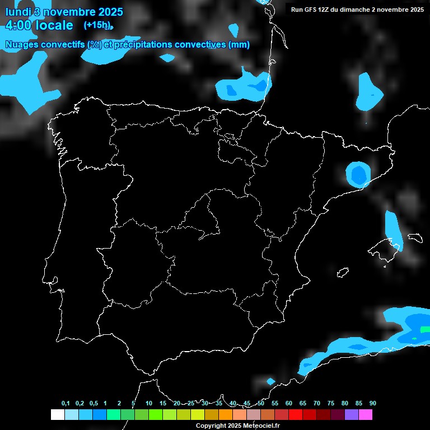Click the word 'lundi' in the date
[x=18, y=11]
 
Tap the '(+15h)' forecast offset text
[x=97, y=25]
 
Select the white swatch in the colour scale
[x=57, y=415]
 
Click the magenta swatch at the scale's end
[x=366, y=415]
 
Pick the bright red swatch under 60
[x=295, y=415]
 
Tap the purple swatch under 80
[x=352, y=415]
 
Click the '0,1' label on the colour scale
[x=66, y=404]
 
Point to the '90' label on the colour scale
[x=372, y=404]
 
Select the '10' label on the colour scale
[x=148, y=404]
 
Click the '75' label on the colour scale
[x=330, y=404]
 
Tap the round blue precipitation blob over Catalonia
[x=357, y=174]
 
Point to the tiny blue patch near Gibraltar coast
[x=271, y=381]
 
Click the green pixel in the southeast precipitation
[x=415, y=338]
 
